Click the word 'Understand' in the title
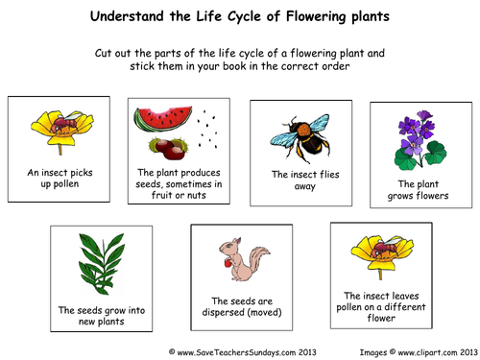(127, 18)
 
